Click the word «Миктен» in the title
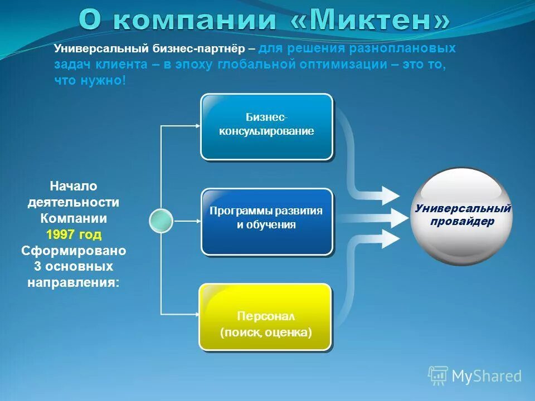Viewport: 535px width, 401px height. pyautogui.click(x=371, y=21)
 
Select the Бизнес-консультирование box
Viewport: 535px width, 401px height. pyautogui.click(x=266, y=126)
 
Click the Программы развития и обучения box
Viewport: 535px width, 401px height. pyautogui.click(x=266, y=221)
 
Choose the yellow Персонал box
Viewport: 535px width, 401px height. pyautogui.click(x=265, y=317)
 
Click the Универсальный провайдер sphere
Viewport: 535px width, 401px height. pyautogui.click(x=462, y=216)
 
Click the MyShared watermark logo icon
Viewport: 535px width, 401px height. pyautogui.click(x=438, y=376)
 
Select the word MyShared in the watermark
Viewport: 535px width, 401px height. pyautogui.click(x=487, y=376)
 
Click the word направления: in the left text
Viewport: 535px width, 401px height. pyautogui.click(x=74, y=282)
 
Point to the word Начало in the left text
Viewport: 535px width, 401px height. pyautogui.click(x=74, y=186)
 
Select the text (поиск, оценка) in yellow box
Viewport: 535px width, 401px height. pyautogui.click(x=265, y=332)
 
